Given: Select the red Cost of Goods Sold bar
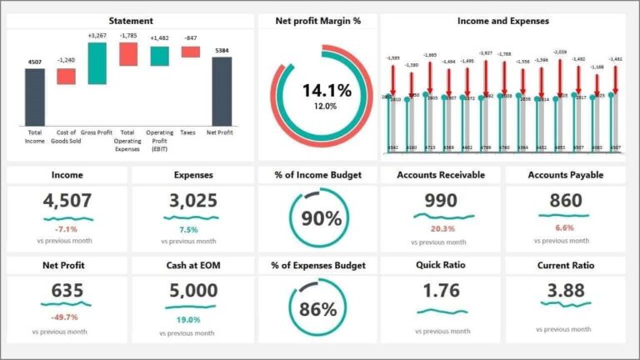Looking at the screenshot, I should tap(66, 76).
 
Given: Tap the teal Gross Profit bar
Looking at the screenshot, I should tap(97, 63).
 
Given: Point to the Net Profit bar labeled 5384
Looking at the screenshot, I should tap(222, 91).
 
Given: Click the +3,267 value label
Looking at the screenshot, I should tap(97, 36).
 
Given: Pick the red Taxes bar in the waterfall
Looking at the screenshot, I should tap(191, 52).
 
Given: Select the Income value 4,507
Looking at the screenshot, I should tap(67, 201).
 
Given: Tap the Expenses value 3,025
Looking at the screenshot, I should tap(192, 201).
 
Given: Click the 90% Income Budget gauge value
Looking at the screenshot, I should tap(321, 219).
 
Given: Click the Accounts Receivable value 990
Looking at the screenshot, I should tap(440, 201).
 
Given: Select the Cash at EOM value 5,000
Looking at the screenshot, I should tap(192, 292).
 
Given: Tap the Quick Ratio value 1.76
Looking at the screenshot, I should tap(440, 292).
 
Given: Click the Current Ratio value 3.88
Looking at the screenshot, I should tap(564, 292).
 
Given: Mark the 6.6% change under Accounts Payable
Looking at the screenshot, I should tap(564, 227).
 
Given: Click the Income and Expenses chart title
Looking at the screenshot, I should tap(503, 21).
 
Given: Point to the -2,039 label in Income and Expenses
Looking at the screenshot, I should tap(559, 52).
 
